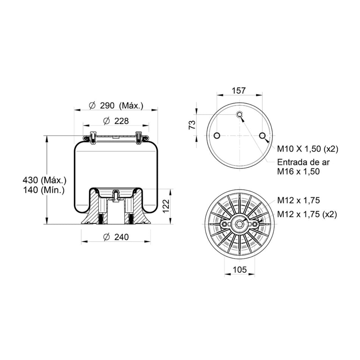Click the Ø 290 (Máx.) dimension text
(x=116, y=106)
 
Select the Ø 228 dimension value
(x=116, y=121)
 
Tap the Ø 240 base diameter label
(x=116, y=237)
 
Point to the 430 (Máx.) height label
(x=45, y=180)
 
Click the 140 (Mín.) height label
(x=44, y=190)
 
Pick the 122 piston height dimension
(x=166, y=206)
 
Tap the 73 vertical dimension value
(x=192, y=125)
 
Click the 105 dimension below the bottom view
(x=239, y=269)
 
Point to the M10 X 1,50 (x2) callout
(x=308, y=149)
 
